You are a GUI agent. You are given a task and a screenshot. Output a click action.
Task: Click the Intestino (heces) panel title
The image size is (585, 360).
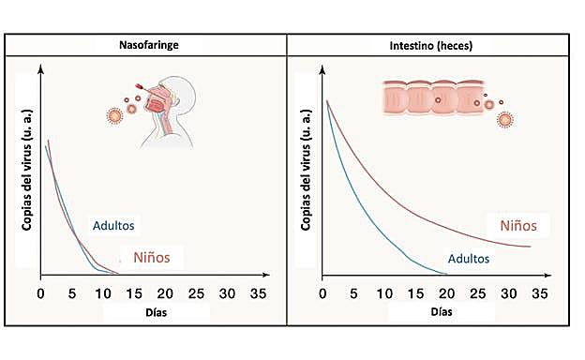click(432, 44)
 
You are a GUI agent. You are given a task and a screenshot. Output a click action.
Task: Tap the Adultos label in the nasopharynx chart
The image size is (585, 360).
click(114, 225)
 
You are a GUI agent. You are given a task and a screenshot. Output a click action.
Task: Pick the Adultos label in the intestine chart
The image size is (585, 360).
click(469, 258)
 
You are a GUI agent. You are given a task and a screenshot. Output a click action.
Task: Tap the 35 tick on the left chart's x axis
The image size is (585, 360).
click(257, 292)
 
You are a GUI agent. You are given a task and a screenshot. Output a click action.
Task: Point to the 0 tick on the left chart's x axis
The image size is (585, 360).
click(40, 292)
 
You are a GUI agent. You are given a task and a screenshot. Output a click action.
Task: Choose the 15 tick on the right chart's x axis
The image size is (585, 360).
click(417, 292)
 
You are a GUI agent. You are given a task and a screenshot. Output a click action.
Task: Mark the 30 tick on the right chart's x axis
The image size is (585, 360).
click(509, 292)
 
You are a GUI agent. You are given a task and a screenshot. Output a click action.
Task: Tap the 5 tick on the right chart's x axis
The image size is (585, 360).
click(355, 292)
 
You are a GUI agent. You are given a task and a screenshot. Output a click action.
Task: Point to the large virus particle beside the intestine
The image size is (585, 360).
click(505, 120)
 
